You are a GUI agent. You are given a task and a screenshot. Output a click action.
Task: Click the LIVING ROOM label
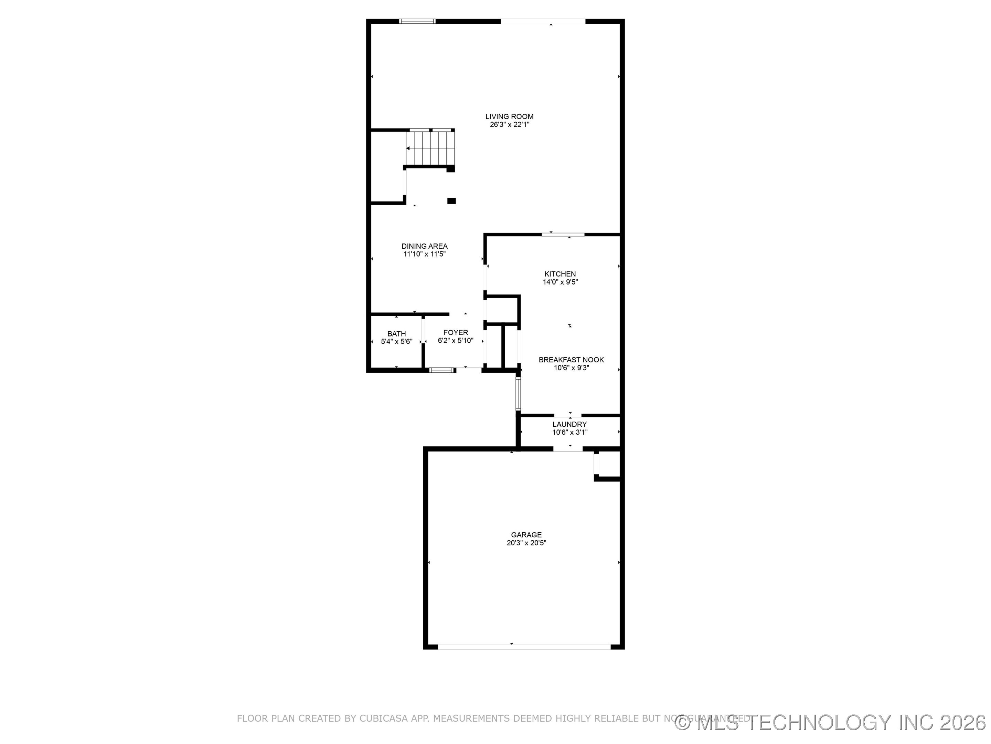(x=509, y=117)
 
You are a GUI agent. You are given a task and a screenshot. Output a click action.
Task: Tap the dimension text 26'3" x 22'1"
(x=509, y=125)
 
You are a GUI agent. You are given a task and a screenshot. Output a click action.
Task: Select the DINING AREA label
(x=424, y=246)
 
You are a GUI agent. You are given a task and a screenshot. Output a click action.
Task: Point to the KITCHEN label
(x=560, y=274)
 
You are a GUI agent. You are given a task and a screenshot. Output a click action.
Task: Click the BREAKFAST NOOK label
(x=571, y=360)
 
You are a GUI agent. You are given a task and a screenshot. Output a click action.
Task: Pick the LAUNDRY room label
(x=569, y=424)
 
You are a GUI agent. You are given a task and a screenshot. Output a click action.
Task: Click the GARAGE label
(x=526, y=535)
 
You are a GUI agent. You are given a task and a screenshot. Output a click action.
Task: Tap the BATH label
(x=396, y=334)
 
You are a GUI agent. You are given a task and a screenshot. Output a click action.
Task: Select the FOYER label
(x=456, y=332)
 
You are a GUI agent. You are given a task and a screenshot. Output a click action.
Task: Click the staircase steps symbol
(x=430, y=148)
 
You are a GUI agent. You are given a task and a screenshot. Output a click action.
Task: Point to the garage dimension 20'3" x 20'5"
(x=526, y=542)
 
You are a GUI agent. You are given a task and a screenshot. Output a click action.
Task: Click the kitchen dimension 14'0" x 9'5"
(x=560, y=282)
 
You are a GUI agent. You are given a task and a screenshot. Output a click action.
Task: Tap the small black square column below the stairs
(x=451, y=201)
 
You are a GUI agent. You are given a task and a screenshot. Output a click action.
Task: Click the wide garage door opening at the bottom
(x=524, y=647)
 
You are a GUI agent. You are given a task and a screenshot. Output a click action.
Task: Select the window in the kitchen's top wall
(x=563, y=235)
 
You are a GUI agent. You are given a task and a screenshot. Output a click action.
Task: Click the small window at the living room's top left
(x=417, y=21)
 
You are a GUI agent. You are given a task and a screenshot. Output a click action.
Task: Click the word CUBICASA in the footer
(x=384, y=719)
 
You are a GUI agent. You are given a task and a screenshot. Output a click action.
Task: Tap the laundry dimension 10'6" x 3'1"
(x=569, y=432)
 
